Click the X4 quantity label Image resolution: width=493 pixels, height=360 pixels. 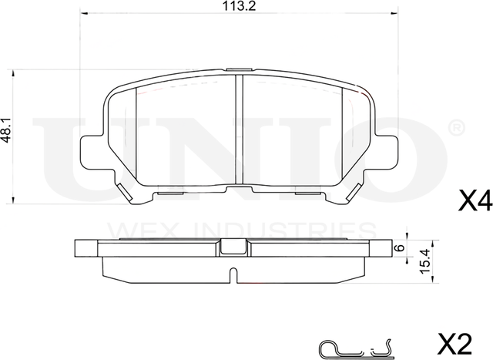coord(474,203)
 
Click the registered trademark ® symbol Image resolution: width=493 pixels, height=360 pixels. coord(455,125)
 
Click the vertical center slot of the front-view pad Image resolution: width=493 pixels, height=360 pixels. coord(238,131)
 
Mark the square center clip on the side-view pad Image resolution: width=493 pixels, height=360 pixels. coord(231,247)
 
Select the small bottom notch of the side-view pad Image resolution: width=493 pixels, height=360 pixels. coord(232,273)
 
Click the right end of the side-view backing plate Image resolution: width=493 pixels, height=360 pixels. coord(382,247)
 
